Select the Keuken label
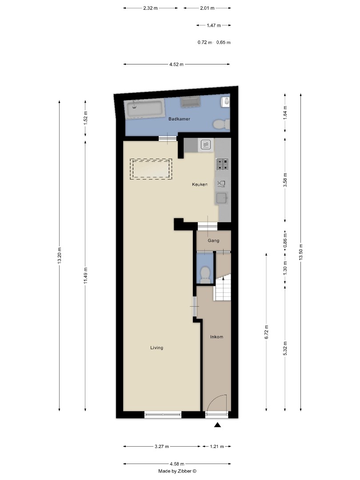click(200, 184)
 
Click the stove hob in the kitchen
click(222, 164)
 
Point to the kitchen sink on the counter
click(222, 198)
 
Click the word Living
click(156, 348)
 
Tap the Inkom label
click(216, 337)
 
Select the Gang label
click(214, 240)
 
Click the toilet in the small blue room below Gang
click(205, 274)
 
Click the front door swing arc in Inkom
click(218, 402)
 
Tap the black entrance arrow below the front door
click(217, 425)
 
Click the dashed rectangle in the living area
click(151, 169)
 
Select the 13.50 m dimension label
click(301, 252)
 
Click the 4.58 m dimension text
click(176, 464)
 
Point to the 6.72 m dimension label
click(266, 332)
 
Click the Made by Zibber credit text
click(177, 471)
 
